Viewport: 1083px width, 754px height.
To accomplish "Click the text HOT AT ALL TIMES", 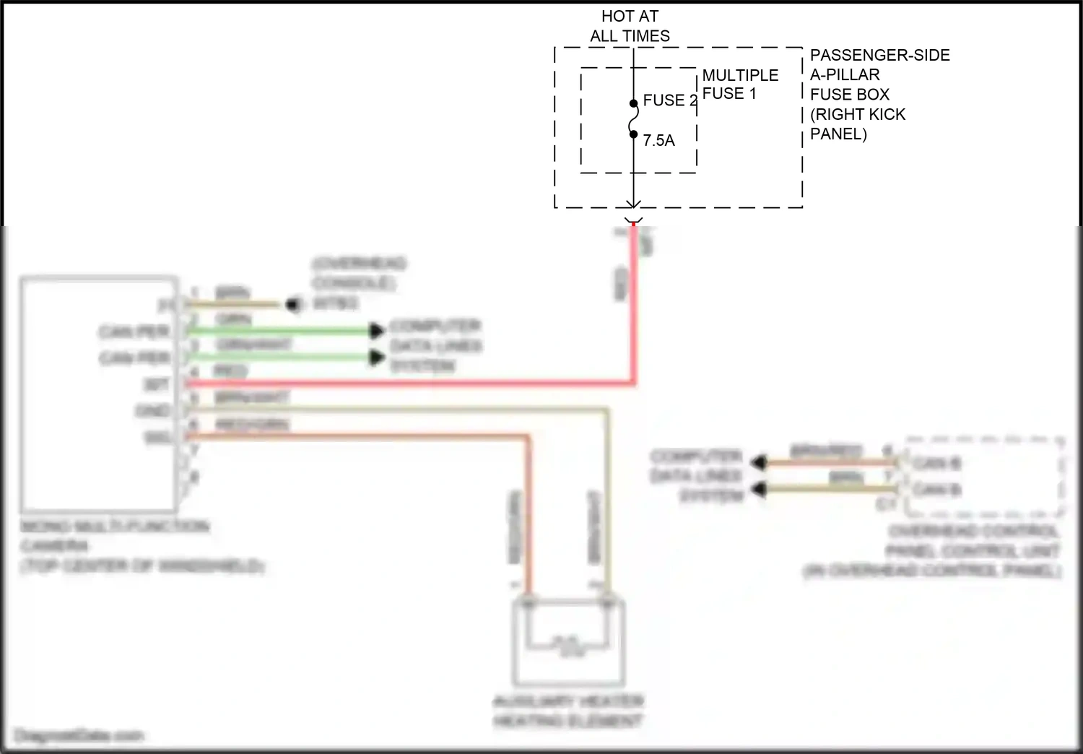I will click(x=630, y=26).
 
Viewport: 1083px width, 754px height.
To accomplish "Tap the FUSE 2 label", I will click(x=669, y=100).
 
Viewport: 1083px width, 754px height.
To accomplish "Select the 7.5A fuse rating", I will click(x=658, y=141).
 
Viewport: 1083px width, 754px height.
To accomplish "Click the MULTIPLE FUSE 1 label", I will click(x=739, y=84).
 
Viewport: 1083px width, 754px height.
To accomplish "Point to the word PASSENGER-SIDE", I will click(x=879, y=56).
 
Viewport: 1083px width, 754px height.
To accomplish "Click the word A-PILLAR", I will click(x=845, y=75).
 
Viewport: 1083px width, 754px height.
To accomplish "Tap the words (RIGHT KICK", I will click(x=857, y=114).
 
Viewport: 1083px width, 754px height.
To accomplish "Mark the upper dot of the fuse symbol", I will click(x=633, y=103).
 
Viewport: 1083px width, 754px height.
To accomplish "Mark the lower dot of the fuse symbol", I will click(x=633, y=134).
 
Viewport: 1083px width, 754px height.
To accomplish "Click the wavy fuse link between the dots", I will click(x=633, y=118).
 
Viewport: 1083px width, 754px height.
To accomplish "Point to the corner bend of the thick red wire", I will click(x=633, y=382).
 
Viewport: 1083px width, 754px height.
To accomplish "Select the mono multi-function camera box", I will click(x=99, y=394).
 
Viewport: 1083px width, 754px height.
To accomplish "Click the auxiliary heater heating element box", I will click(x=568, y=643).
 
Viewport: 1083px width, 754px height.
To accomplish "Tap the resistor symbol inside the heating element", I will click(x=568, y=640).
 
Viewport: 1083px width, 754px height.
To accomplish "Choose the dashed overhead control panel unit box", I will click(x=983, y=477).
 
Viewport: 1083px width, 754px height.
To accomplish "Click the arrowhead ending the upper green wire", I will click(x=376, y=331).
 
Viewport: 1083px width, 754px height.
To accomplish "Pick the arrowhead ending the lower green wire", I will click(x=376, y=357).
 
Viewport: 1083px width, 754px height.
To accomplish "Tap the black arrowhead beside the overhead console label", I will click(x=292, y=305).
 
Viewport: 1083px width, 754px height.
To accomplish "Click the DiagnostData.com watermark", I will click(x=79, y=736).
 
